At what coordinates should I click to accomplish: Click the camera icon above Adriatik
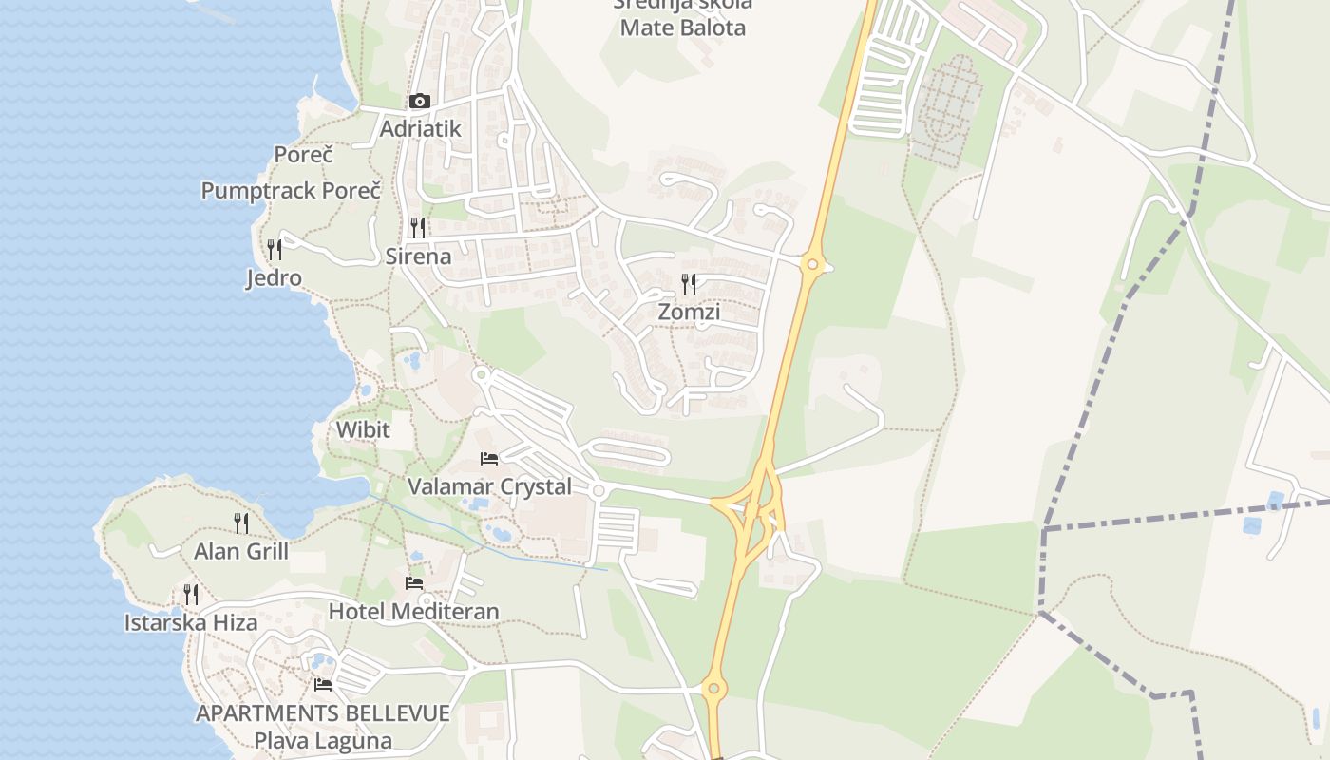[x=419, y=101]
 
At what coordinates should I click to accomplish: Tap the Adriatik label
[x=420, y=128]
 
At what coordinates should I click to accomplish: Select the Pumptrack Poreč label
[x=291, y=190]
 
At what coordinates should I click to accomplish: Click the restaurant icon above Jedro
[x=274, y=250]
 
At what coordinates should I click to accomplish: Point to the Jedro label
[x=274, y=278]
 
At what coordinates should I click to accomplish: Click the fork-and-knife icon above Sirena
[x=417, y=228]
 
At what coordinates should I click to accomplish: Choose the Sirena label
[x=418, y=256]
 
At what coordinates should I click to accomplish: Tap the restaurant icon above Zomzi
[x=689, y=283]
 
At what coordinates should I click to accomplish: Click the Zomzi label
[x=689, y=312]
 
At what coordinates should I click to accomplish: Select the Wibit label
[x=363, y=429]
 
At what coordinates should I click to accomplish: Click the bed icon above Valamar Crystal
[x=489, y=459]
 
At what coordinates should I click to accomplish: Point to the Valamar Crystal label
[x=489, y=486]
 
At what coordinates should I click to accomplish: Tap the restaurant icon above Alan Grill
[x=241, y=522]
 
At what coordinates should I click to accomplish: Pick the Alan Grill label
[x=241, y=551]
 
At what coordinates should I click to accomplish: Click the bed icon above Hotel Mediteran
[x=413, y=582]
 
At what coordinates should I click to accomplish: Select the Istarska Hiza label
[x=191, y=623]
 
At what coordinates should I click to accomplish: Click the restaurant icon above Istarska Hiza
[x=191, y=595]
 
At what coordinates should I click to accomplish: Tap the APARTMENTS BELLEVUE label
[x=323, y=713]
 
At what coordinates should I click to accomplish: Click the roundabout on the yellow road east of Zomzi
[x=811, y=264]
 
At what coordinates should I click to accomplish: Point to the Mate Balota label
[x=682, y=27]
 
